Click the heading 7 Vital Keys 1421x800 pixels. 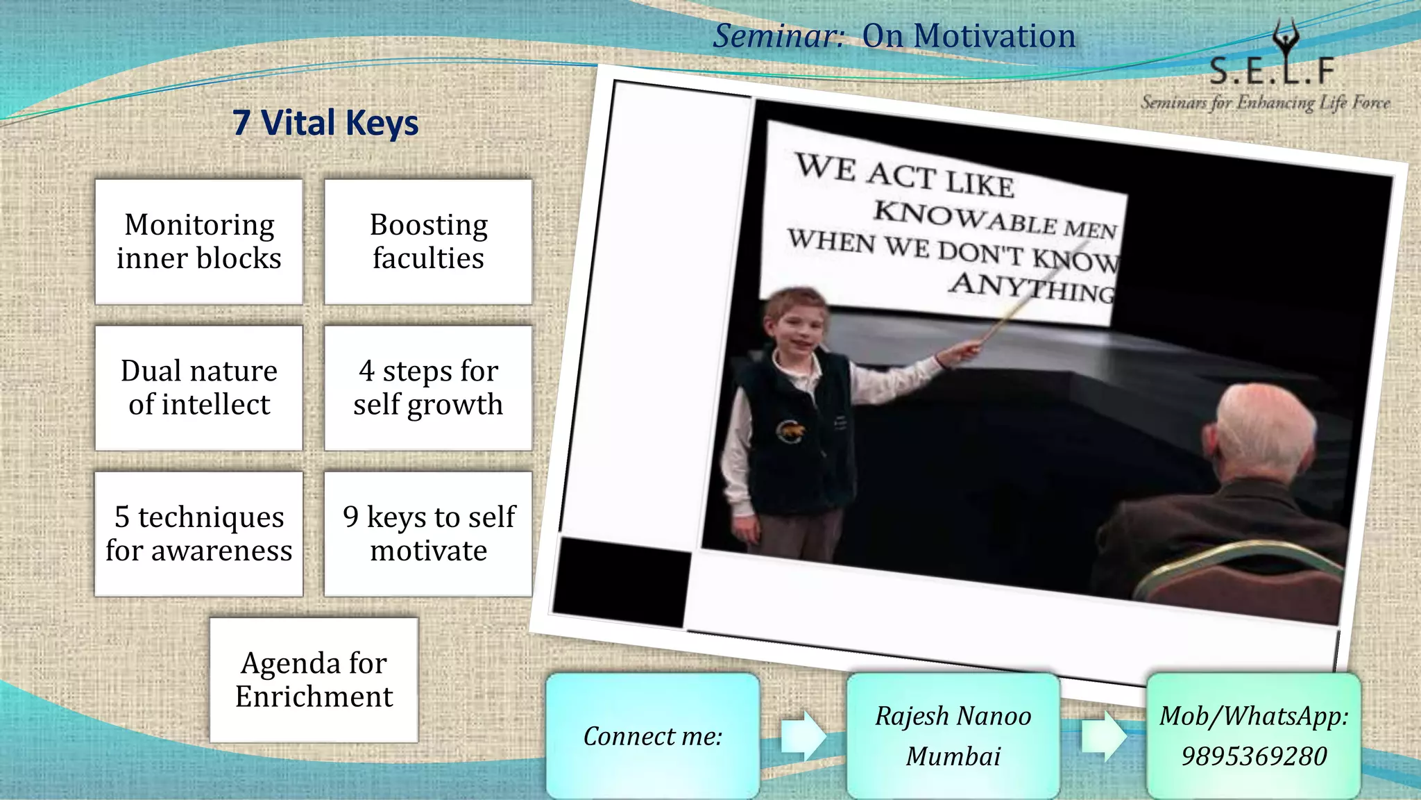(325, 123)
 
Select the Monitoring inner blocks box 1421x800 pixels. (199, 242)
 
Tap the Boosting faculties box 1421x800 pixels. (428, 242)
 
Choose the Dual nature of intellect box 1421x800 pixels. (199, 387)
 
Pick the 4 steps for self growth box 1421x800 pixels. (428, 387)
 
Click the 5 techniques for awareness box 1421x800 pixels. (199, 533)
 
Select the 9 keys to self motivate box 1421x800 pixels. (428, 533)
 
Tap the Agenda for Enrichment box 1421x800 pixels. (314, 680)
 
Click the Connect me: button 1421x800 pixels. (652, 736)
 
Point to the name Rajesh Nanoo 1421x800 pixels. (953, 716)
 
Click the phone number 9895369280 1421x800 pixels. (1254, 756)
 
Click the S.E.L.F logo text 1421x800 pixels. (1272, 71)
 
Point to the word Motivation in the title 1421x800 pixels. (994, 36)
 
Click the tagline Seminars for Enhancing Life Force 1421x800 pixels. (1266, 103)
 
